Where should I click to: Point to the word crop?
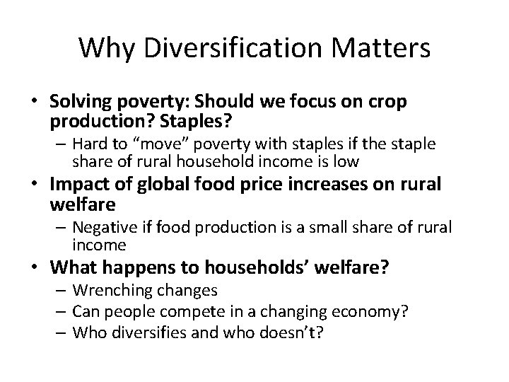click(x=388, y=101)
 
